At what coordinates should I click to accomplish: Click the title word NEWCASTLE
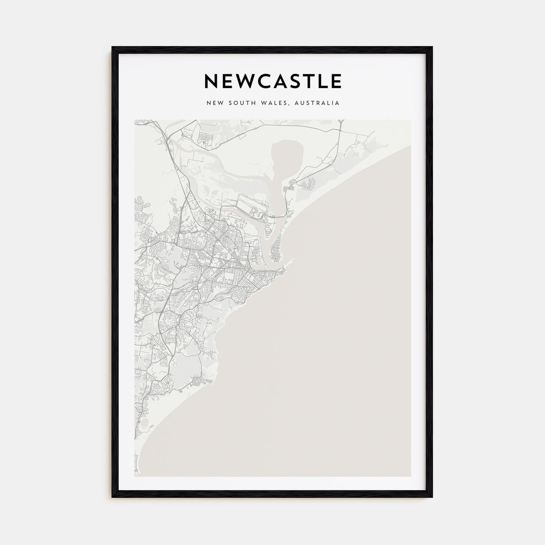[272, 81]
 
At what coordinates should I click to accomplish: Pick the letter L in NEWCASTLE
[325, 81]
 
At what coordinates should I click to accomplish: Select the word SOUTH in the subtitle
[239, 103]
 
